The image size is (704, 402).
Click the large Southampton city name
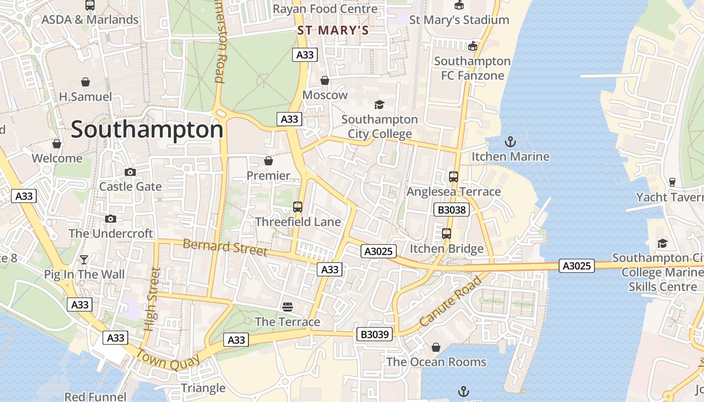147,130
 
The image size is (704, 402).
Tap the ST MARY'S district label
333,30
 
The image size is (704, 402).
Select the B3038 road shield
452,210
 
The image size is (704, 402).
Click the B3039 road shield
375,334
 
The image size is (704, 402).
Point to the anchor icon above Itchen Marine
510,142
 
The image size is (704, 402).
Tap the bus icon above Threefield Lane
297,207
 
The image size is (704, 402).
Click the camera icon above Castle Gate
130,172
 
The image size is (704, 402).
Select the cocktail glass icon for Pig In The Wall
84,260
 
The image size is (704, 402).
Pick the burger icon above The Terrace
288,307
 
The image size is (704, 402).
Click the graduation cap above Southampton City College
379,105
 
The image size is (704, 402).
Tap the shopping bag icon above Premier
269,161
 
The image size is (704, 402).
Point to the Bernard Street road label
225,247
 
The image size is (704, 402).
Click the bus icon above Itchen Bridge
447,234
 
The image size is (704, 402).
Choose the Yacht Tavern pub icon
672,182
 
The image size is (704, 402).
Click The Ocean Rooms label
436,362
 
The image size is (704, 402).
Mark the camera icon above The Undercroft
111,219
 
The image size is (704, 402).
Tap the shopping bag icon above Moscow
325,80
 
